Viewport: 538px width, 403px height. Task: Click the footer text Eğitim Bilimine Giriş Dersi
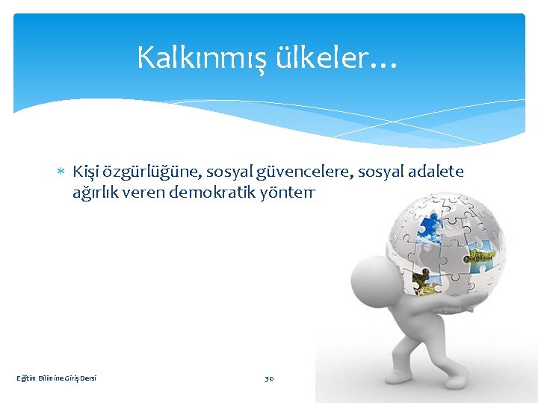click(57, 378)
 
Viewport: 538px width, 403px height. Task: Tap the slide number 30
click(269, 378)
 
